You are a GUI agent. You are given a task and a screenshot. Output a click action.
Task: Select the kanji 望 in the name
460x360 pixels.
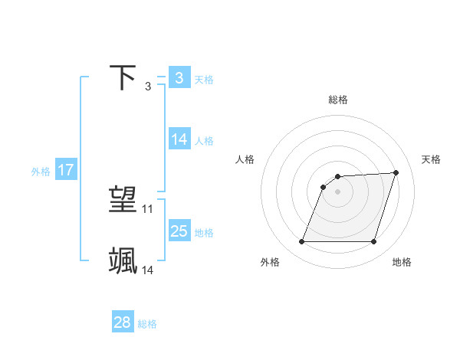123,200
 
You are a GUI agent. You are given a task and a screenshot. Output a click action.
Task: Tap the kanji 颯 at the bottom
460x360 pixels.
123,260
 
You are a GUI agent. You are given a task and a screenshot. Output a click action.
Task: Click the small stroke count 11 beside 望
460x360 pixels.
148,208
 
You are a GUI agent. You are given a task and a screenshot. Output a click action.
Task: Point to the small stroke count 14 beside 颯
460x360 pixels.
148,270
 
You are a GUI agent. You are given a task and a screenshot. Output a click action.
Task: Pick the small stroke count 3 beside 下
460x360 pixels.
148,86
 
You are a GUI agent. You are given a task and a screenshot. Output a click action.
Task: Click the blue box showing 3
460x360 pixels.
179,77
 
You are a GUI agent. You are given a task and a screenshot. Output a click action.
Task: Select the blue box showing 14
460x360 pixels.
179,139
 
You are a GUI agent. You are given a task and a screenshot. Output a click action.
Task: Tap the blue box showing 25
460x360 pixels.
179,231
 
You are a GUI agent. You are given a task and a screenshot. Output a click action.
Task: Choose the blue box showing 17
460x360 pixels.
66,170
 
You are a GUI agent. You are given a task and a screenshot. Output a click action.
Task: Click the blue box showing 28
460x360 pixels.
122,322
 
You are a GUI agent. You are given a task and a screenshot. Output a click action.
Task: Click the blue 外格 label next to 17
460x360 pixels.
41,172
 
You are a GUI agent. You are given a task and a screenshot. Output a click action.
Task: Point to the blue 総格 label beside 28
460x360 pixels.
147,324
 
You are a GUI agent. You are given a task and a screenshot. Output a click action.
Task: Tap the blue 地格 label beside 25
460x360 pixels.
204,233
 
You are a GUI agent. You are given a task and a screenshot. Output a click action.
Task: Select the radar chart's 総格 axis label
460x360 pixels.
338,100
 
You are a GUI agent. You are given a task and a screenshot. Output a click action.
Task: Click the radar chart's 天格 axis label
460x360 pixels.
431,159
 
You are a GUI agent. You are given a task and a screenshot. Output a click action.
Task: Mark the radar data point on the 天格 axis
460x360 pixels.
396,172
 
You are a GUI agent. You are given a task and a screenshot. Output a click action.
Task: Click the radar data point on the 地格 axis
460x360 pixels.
374,242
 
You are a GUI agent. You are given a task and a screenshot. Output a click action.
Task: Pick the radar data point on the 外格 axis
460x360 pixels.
302,242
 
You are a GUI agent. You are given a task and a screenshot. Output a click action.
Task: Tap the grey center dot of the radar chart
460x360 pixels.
338,191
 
